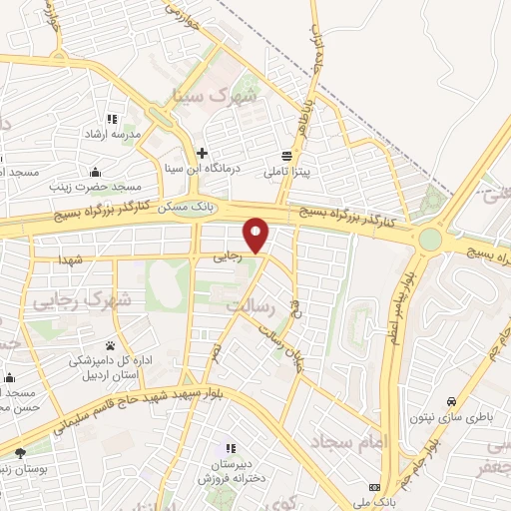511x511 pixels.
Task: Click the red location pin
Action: pyautogui.click(x=256, y=234)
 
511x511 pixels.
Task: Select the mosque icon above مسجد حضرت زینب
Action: pyautogui.click(x=95, y=172)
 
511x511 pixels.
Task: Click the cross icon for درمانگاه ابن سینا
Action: pyautogui.click(x=203, y=153)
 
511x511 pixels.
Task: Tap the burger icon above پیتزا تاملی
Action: pyautogui.click(x=287, y=156)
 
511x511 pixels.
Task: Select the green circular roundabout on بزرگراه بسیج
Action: pyautogui.click(x=431, y=240)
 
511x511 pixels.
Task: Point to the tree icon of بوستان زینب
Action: pyautogui.click(x=19, y=454)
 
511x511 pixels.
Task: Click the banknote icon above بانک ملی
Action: pyautogui.click(x=362, y=490)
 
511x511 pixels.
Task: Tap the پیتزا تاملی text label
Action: pyautogui.click(x=288, y=173)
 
